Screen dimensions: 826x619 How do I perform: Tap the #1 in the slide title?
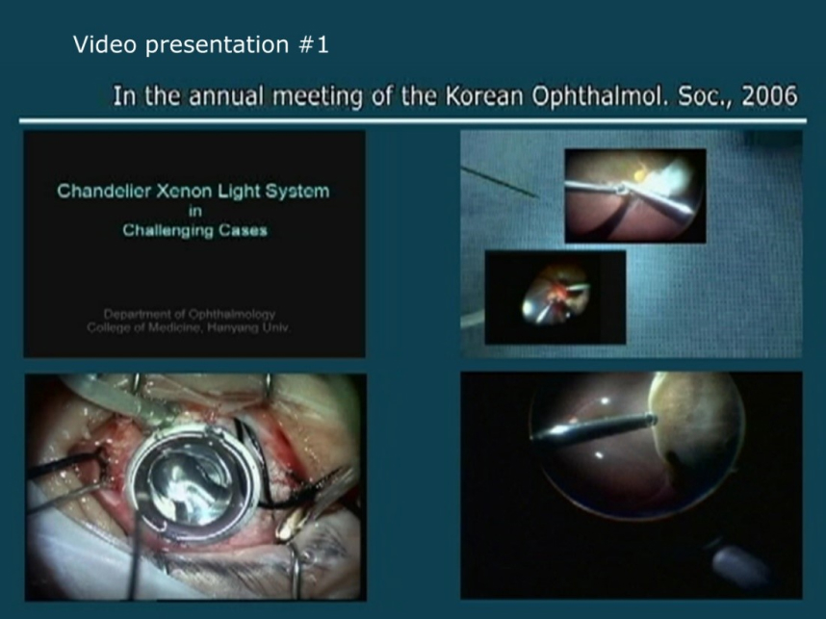click(314, 44)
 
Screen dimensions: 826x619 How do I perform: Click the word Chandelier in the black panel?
click(103, 191)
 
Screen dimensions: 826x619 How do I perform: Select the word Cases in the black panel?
click(243, 230)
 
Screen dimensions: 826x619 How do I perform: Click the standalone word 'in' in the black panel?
click(194, 211)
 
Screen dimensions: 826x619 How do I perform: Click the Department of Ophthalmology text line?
click(189, 315)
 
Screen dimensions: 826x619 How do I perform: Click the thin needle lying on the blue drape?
click(500, 182)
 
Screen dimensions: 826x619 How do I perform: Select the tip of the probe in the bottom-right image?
click(654, 420)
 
